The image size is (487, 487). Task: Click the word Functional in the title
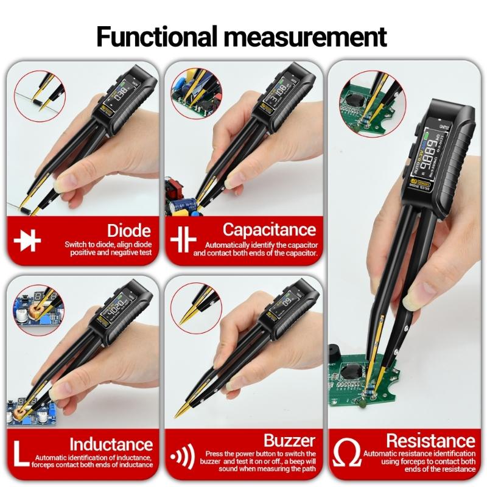click(x=158, y=37)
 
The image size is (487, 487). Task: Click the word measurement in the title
click(x=306, y=37)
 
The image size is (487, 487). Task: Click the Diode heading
click(x=128, y=230)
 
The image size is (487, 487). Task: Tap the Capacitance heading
click(x=269, y=229)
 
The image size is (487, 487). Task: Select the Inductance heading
click(x=110, y=444)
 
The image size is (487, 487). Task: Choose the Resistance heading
click(x=430, y=440)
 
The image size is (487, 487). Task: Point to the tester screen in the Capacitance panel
click(x=281, y=93)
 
